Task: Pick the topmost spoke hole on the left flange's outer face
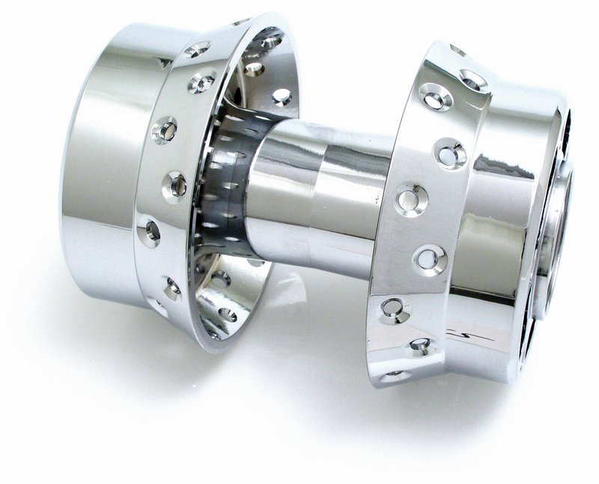pyautogui.click(x=198, y=49)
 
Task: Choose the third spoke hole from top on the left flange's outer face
pyautogui.click(x=165, y=130)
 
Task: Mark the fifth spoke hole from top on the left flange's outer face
pyautogui.click(x=149, y=233)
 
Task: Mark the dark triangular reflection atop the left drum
pyautogui.click(x=161, y=63)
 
